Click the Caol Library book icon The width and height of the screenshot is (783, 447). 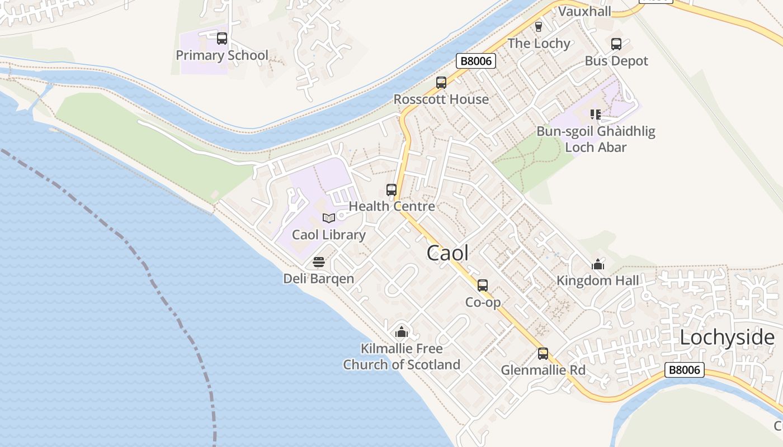(x=329, y=218)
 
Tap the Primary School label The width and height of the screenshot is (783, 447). (x=222, y=55)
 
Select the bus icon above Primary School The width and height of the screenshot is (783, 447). (x=222, y=39)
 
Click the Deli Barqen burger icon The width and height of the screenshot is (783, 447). (x=319, y=262)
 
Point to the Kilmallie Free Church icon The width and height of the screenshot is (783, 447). (x=401, y=332)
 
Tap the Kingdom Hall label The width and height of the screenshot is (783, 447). (x=597, y=280)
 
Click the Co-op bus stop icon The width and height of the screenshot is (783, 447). (x=483, y=286)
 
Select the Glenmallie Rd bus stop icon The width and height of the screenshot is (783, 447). (x=543, y=354)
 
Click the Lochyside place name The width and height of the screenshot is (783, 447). (x=727, y=337)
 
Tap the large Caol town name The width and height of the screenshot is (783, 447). (x=447, y=253)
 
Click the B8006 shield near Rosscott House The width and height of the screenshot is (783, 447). (x=476, y=61)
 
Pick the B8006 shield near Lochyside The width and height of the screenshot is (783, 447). (x=685, y=370)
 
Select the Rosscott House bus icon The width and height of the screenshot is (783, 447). (x=441, y=83)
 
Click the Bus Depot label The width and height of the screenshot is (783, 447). (x=616, y=61)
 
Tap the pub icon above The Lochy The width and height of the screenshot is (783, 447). (x=539, y=27)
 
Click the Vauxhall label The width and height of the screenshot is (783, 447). (x=584, y=11)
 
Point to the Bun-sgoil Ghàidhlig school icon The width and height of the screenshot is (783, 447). (x=596, y=115)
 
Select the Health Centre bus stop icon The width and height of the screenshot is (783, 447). (x=391, y=190)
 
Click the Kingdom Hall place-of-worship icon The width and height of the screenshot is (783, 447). (x=598, y=264)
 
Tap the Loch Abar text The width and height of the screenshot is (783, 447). (x=596, y=148)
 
